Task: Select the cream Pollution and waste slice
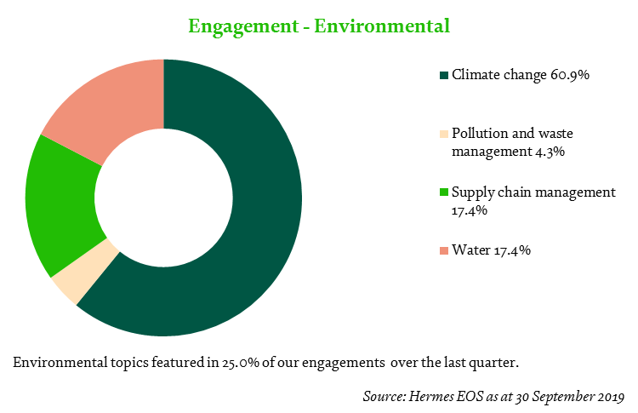coord(85,271)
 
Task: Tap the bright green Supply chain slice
coord(61,204)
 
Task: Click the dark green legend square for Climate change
coord(444,75)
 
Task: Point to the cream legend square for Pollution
coord(444,134)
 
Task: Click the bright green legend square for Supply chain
coord(444,192)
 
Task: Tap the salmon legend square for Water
coord(444,250)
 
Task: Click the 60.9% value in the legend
coord(570,75)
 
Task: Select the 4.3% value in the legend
coord(550,152)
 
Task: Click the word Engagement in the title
coord(244,27)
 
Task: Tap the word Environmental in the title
coord(382,26)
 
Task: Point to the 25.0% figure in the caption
coord(241,362)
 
